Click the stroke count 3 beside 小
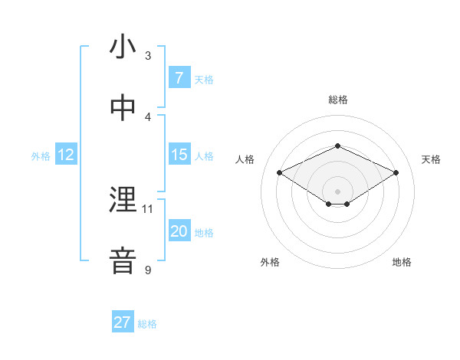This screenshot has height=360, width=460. pyautogui.click(x=148, y=55)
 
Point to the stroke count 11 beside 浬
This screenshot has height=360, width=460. pyautogui.click(x=148, y=208)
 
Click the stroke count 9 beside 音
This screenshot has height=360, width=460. pyautogui.click(x=148, y=269)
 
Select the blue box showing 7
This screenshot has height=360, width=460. pyautogui.click(x=179, y=78)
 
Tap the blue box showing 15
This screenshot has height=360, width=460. pyautogui.click(x=179, y=155)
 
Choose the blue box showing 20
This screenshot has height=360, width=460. pyautogui.click(x=179, y=231)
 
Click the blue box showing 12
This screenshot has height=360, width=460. pyautogui.click(x=66, y=155)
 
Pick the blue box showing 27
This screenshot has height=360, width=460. pyautogui.click(x=123, y=322)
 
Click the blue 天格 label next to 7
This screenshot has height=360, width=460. pyautogui.click(x=204, y=80)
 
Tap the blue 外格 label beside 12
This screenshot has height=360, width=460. pyautogui.click(x=41, y=156)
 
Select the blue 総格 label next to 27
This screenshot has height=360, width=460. pyautogui.click(x=147, y=324)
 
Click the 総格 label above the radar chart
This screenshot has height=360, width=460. pyautogui.click(x=337, y=100)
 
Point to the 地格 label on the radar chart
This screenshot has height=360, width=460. pyautogui.click(x=402, y=262)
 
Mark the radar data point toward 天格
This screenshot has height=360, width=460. pyautogui.click(x=396, y=172)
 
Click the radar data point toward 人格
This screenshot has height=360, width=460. pyautogui.click(x=279, y=172)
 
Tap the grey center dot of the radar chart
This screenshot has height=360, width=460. pyautogui.click(x=337, y=190)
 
